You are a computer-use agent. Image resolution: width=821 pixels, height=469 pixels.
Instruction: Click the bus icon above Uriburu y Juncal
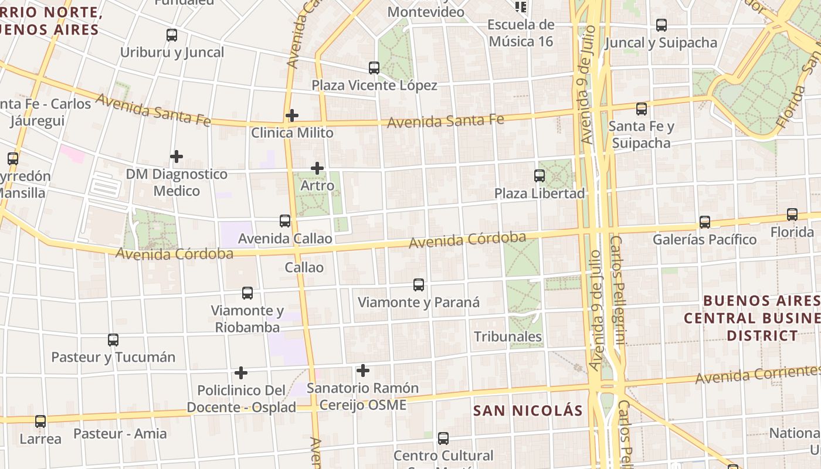point(172,35)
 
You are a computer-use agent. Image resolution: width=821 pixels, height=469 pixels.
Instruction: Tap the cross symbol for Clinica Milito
point(292,115)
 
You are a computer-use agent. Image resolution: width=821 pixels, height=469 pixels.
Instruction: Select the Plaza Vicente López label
point(374,86)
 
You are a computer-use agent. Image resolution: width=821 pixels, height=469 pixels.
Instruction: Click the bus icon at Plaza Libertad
point(540,175)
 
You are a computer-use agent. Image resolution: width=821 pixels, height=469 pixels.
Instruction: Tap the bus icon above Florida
point(792,215)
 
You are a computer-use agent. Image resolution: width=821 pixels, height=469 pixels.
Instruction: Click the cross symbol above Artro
point(317,169)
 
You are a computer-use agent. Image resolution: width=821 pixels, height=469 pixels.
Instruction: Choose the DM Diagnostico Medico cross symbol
point(177,157)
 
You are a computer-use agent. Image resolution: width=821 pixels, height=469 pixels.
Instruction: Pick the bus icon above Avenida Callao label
point(285,221)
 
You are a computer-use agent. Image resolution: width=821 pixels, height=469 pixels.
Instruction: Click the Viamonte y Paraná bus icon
point(419,285)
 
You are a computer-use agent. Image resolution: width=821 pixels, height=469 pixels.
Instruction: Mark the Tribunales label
point(508,337)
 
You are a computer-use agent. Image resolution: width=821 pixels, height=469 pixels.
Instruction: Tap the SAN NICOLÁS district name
point(528,410)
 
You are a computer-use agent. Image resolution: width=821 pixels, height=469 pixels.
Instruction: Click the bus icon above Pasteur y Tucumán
point(113,339)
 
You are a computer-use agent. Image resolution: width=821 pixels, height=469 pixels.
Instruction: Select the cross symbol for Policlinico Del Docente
point(241,373)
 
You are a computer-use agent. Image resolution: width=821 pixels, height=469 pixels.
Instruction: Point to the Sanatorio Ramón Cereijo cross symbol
point(363,371)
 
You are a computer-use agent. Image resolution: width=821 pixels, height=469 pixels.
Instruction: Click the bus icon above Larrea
point(40,421)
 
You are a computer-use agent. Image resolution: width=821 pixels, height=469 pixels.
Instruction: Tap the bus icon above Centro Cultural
point(443,438)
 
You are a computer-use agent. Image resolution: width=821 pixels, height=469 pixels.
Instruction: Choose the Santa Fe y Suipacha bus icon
point(642,108)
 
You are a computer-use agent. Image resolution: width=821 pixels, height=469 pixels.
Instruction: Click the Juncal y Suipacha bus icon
point(661,25)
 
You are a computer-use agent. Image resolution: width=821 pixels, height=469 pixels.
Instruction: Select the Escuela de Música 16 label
point(521,33)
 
